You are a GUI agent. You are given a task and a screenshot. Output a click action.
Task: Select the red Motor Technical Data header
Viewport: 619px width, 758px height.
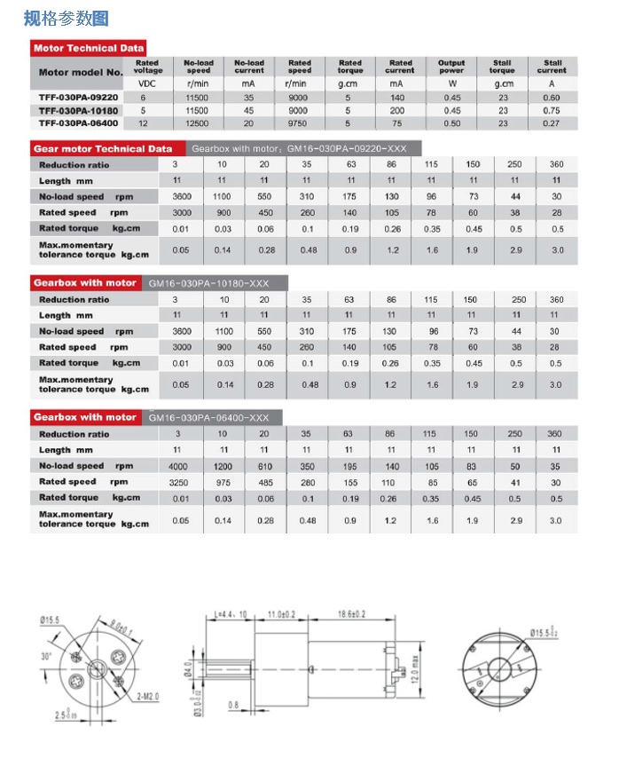coord(88,48)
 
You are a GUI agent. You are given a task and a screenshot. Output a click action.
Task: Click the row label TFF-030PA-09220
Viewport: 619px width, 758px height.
coord(77,97)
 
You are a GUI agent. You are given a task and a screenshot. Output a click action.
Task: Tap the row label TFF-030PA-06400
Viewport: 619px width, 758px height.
coord(77,123)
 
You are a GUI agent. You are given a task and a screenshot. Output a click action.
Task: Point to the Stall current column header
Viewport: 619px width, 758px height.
coord(552,67)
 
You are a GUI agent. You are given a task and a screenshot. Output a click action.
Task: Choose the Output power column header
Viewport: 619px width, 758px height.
coord(451,67)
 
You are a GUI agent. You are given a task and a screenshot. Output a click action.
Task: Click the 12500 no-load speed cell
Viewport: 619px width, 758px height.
coord(199,123)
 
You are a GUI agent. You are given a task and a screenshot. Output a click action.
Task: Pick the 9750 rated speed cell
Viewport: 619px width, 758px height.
coord(299,123)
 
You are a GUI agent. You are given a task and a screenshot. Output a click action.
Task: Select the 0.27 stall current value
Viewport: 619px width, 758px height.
coord(552,123)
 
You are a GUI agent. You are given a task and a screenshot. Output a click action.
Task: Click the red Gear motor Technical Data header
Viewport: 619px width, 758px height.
coord(103,148)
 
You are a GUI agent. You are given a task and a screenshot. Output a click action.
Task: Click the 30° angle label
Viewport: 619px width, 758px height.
coord(46,657)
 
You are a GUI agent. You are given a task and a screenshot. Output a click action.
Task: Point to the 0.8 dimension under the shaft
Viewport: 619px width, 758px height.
coord(234,707)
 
